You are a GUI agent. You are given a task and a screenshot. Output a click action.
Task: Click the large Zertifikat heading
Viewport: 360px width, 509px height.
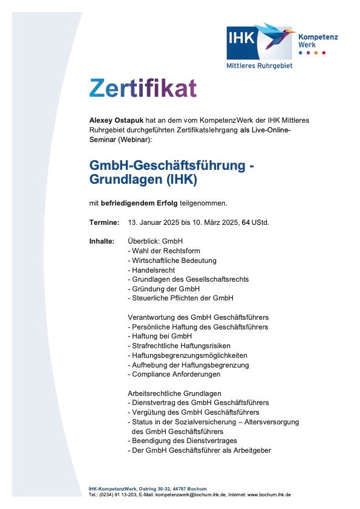click(x=143, y=88)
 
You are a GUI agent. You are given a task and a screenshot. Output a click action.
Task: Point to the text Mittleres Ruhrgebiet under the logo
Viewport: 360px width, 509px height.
click(x=259, y=65)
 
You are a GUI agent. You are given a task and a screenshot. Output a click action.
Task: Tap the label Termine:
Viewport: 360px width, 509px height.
click(x=104, y=222)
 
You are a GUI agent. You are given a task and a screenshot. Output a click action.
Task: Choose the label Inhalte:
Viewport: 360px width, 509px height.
click(x=102, y=241)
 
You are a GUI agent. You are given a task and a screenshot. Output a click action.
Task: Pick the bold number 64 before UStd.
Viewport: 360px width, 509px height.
click(x=246, y=222)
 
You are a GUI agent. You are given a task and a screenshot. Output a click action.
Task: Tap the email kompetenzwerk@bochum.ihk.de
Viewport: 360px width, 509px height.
click(x=190, y=494)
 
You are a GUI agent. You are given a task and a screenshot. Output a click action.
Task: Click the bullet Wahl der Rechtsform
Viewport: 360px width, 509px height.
click(x=164, y=250)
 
